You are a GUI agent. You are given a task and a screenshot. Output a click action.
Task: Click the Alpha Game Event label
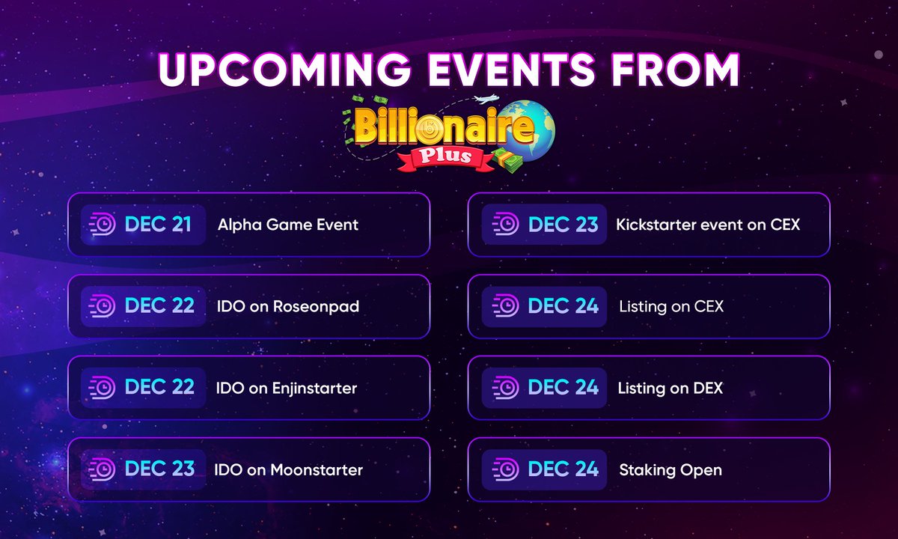[288, 225]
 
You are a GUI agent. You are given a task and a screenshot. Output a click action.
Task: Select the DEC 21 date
[158, 225]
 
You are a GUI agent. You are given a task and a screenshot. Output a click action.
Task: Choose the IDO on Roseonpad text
[288, 306]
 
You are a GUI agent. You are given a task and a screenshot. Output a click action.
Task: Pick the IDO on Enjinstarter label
[287, 388]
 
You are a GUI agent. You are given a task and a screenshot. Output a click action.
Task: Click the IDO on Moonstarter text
[288, 470]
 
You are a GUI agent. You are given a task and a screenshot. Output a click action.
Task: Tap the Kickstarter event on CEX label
[708, 225]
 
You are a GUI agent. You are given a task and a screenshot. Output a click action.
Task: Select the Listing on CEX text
[671, 306]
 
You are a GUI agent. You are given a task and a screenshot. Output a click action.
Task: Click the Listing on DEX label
[670, 388]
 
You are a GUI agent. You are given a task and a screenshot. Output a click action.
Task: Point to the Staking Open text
[671, 470]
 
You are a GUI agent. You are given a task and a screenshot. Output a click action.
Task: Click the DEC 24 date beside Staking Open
[563, 469]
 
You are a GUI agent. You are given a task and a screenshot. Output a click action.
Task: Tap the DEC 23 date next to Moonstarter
[159, 469]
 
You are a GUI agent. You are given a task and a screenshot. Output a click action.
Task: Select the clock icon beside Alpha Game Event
[101, 225]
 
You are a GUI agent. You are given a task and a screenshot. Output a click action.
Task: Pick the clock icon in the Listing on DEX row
[505, 388]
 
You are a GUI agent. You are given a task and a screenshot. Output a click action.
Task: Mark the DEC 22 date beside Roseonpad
[159, 306]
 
